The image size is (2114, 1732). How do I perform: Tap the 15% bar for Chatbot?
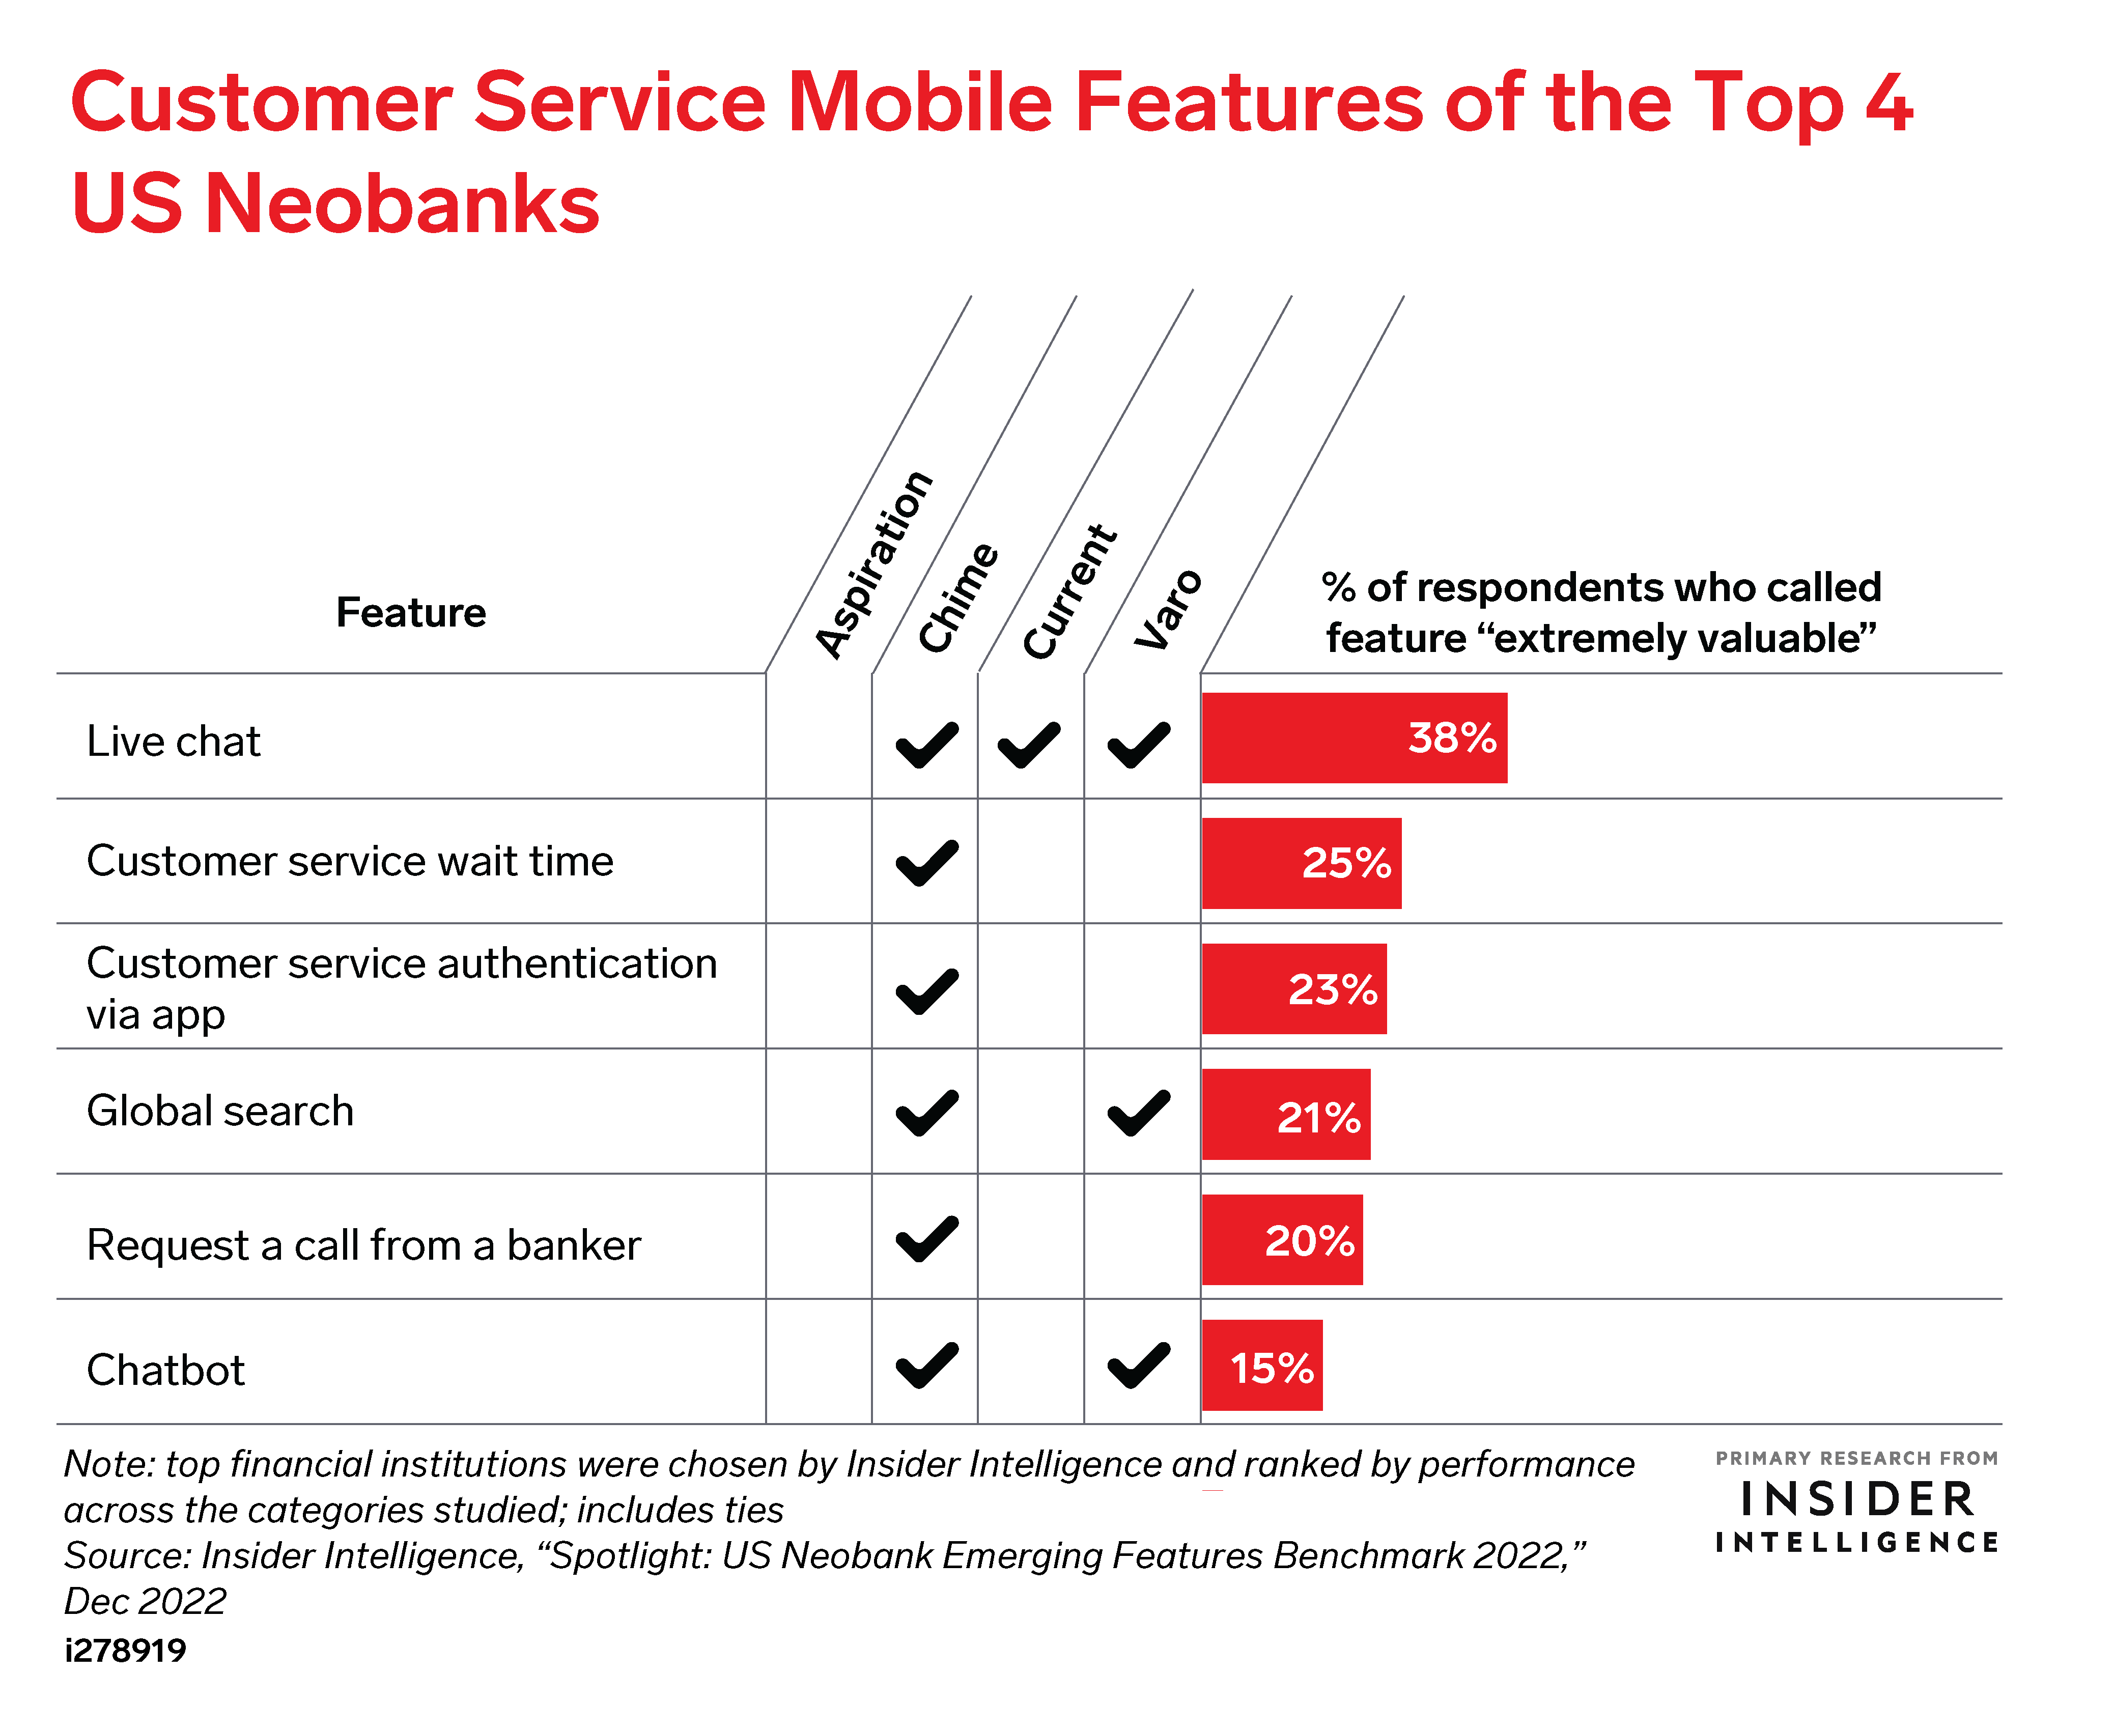pos(1262,1365)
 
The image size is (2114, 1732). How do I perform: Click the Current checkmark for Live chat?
pos(1030,744)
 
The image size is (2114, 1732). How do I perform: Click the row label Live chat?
pos(174,741)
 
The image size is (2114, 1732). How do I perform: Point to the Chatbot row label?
pos(165,1370)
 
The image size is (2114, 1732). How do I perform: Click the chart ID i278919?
pos(126,1650)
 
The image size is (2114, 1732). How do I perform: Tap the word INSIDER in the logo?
pos(1856,1499)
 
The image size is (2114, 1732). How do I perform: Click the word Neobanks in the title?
pos(402,203)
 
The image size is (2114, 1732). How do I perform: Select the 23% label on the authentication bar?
pos(1333,990)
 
